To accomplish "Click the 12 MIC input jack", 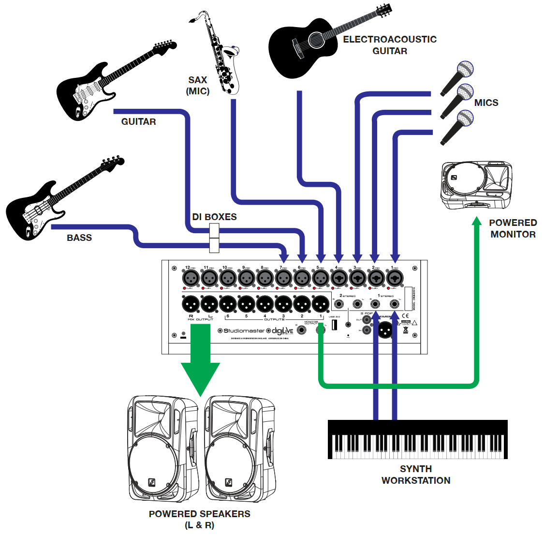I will pos(191,278).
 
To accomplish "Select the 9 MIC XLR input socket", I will pos(246,278).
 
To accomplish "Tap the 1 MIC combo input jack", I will pos(395,278).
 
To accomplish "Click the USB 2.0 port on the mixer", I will pos(335,325).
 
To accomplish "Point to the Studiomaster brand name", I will pos(244,331).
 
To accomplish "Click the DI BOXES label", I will pos(214,217).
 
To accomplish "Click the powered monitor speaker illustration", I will pos(476,186).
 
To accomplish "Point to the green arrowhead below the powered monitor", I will pos(477,222).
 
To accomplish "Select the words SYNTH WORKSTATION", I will pos(416,475).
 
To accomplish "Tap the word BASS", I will pos(79,238).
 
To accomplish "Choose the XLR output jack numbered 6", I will pos(228,304).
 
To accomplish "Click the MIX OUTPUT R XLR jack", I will pos(191,304).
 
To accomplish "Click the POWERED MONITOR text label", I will pos(513,228).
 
